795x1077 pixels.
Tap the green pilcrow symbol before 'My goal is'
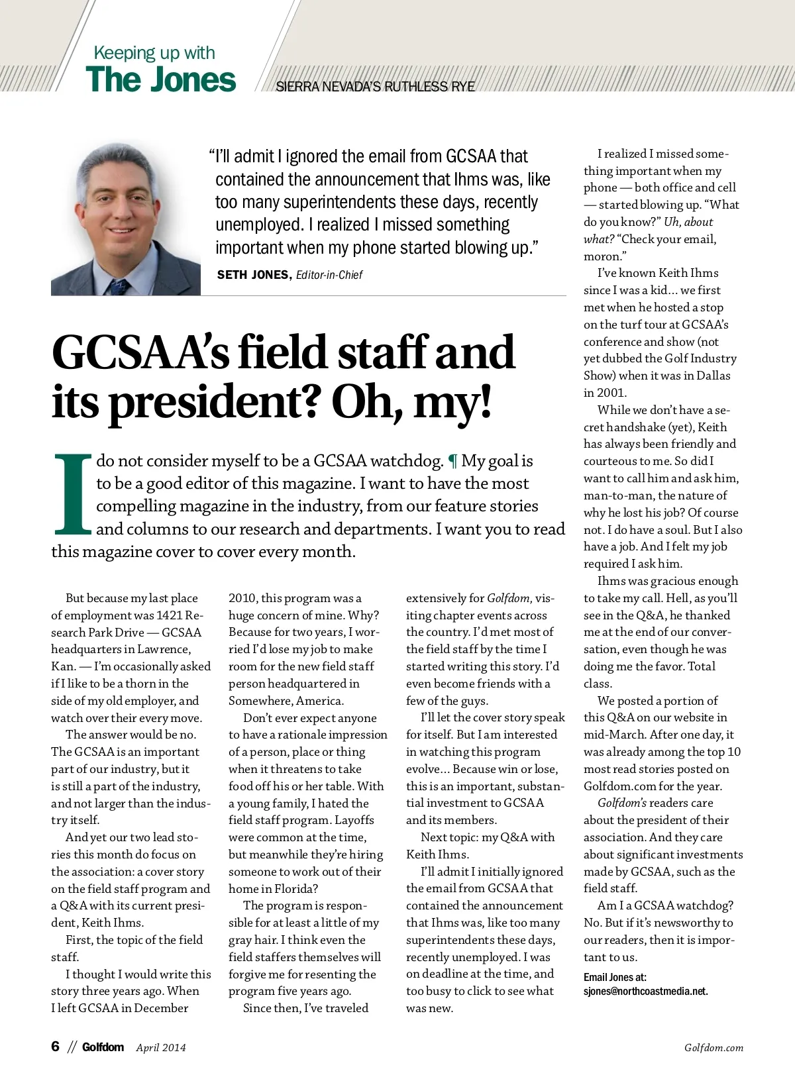pos(452,461)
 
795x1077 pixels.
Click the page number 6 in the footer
pos(56,1047)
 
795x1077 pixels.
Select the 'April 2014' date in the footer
pos(161,1047)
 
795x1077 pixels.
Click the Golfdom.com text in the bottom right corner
pos(714,1047)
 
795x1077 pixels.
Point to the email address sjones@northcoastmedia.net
pos(645,992)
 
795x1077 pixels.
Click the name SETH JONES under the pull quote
pos(253,275)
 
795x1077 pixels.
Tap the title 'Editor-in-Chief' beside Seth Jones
pos(329,275)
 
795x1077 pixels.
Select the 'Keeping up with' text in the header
pos(154,53)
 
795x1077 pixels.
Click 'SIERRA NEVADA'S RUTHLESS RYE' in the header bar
pos(375,87)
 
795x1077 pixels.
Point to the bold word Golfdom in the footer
pos(103,1047)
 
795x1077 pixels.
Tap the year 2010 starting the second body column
pos(242,598)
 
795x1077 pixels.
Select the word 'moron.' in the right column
pos(604,256)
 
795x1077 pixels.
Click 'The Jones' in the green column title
pos(160,79)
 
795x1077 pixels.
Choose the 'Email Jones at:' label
pos(615,977)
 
